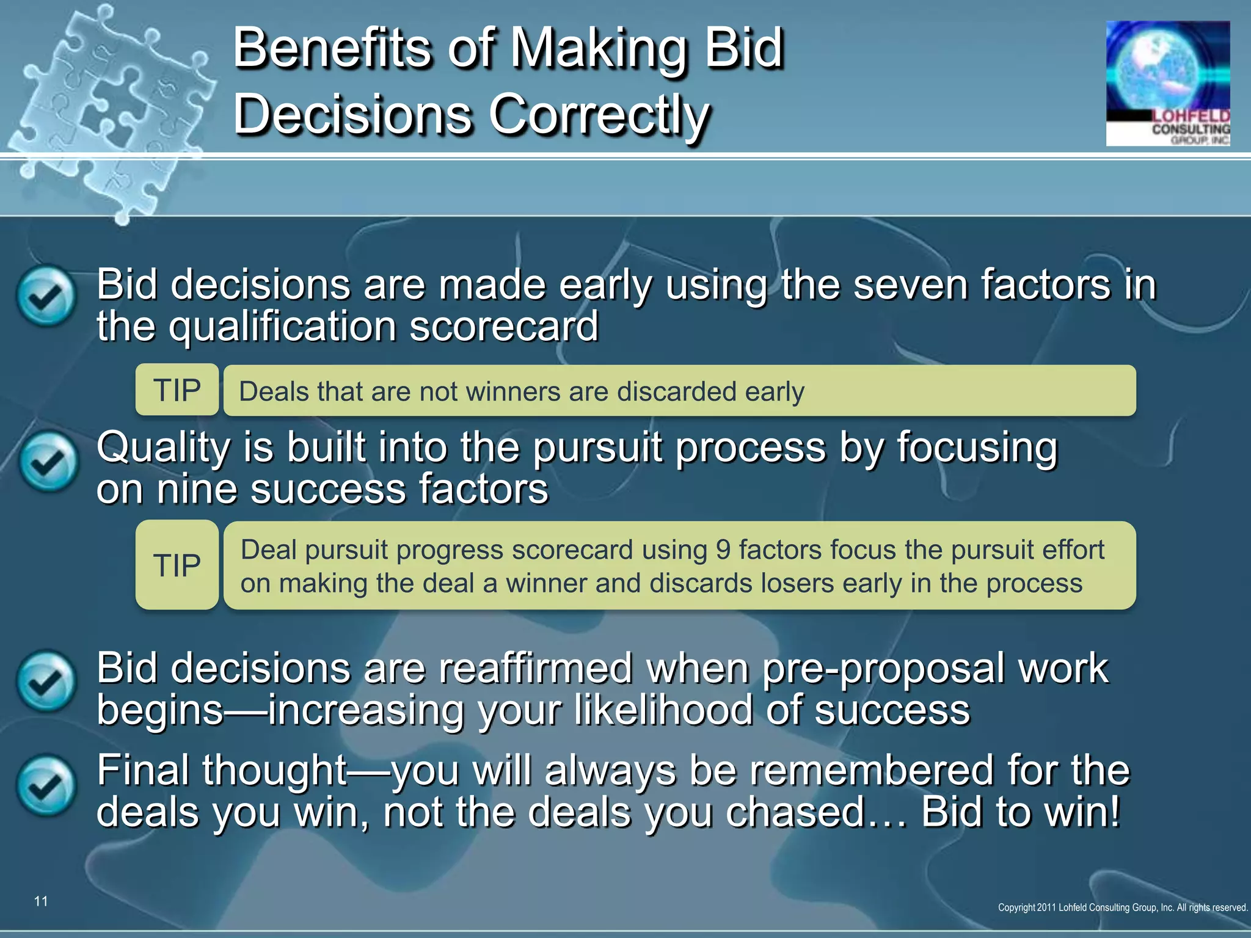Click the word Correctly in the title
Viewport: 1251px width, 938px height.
pos(599,115)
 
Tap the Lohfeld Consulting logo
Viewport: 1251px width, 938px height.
pos(1167,84)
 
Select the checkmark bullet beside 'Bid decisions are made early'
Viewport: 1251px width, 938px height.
pos(46,296)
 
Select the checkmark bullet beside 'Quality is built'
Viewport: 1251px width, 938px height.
pos(48,462)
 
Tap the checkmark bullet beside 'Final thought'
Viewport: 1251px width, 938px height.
pos(46,787)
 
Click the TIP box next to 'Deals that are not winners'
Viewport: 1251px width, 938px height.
pos(177,390)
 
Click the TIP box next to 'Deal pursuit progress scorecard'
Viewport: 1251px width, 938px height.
pos(177,565)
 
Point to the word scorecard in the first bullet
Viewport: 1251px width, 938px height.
pos(503,326)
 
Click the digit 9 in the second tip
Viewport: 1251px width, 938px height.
pos(723,550)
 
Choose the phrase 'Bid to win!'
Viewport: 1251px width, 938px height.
pos(1021,812)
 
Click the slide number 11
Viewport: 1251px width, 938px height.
pos(41,901)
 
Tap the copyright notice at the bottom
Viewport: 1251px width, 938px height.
pos(1123,907)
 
